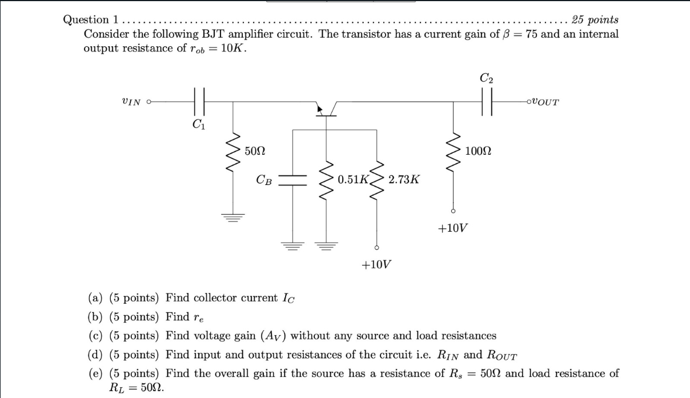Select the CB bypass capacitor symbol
point(295,180)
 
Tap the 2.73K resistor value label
point(404,179)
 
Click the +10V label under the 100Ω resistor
point(454,228)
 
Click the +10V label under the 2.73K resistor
point(376,265)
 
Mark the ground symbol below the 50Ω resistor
point(233,216)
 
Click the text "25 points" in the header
point(595,20)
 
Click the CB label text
point(264,180)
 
